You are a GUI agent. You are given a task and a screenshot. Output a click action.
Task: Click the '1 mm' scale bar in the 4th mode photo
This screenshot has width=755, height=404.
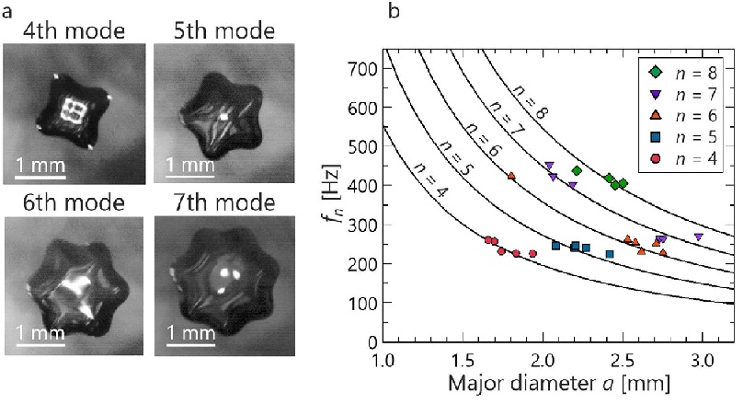tap(39, 166)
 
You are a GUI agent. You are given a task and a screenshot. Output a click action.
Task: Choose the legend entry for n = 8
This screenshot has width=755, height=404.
tap(686, 71)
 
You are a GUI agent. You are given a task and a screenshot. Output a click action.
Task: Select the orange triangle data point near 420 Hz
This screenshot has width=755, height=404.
tap(511, 176)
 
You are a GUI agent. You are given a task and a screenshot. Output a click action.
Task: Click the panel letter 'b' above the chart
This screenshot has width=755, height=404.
tap(394, 12)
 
